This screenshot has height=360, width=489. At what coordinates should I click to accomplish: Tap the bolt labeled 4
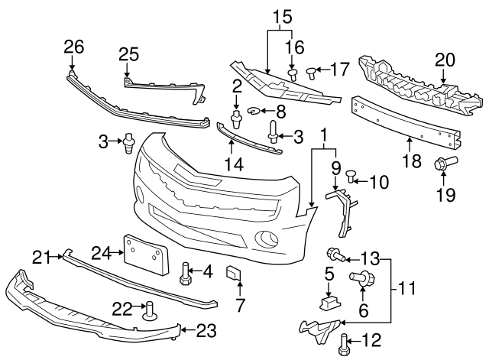tap(186, 273)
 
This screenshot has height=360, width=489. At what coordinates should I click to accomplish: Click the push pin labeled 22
tap(147, 310)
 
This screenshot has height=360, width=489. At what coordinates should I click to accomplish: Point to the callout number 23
tap(207, 331)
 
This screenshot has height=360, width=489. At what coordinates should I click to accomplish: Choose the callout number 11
tap(409, 290)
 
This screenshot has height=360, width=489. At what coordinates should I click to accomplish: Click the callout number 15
tap(282, 15)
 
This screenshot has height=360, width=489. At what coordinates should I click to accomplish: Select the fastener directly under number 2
tap(237, 118)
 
